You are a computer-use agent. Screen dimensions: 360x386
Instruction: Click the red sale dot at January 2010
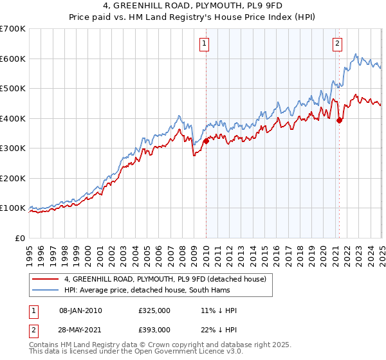[206, 141]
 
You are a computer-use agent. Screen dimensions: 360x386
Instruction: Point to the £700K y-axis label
[13, 29]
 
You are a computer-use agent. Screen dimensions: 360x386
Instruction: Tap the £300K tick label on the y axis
[13, 148]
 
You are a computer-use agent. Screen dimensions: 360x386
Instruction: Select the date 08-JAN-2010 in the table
[80, 310]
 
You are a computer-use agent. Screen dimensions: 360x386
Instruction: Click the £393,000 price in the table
[154, 329]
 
